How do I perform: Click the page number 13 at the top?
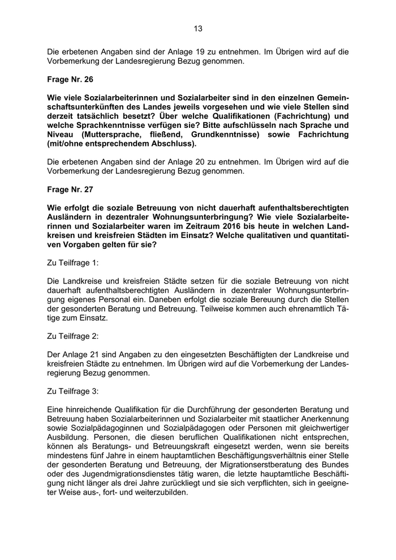point(197,28)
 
